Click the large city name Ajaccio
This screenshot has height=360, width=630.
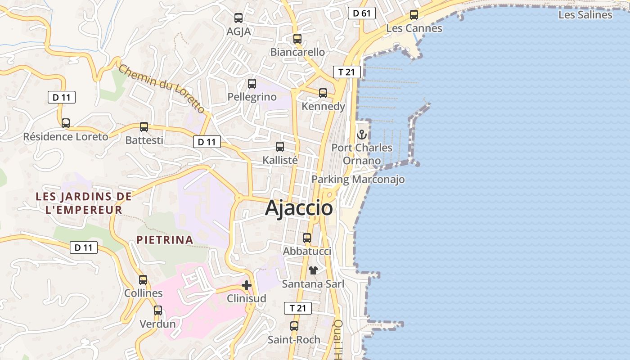(299, 208)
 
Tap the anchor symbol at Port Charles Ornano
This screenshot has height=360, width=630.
(362, 134)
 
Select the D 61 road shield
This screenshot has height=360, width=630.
(361, 13)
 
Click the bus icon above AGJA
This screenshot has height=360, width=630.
(238, 18)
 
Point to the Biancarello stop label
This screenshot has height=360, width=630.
(297, 52)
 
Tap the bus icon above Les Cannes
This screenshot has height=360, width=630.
(414, 15)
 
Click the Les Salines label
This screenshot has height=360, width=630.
(585, 15)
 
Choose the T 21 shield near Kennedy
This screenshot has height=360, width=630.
(346, 72)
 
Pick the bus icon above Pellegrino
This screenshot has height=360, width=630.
(252, 83)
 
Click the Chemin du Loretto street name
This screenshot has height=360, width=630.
(162, 89)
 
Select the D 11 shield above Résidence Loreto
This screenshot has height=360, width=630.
(62, 97)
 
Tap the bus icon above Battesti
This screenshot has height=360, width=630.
(144, 127)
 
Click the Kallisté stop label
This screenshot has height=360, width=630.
(280, 160)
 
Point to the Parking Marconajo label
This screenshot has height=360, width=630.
(358, 180)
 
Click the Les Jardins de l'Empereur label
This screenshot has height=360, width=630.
(84, 203)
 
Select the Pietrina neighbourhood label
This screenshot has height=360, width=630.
(165, 240)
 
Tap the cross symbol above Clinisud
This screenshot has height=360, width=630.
(247, 285)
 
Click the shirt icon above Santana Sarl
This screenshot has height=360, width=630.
(313, 270)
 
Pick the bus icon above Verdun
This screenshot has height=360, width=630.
(158, 310)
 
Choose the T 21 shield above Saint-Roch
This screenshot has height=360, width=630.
(298, 308)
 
